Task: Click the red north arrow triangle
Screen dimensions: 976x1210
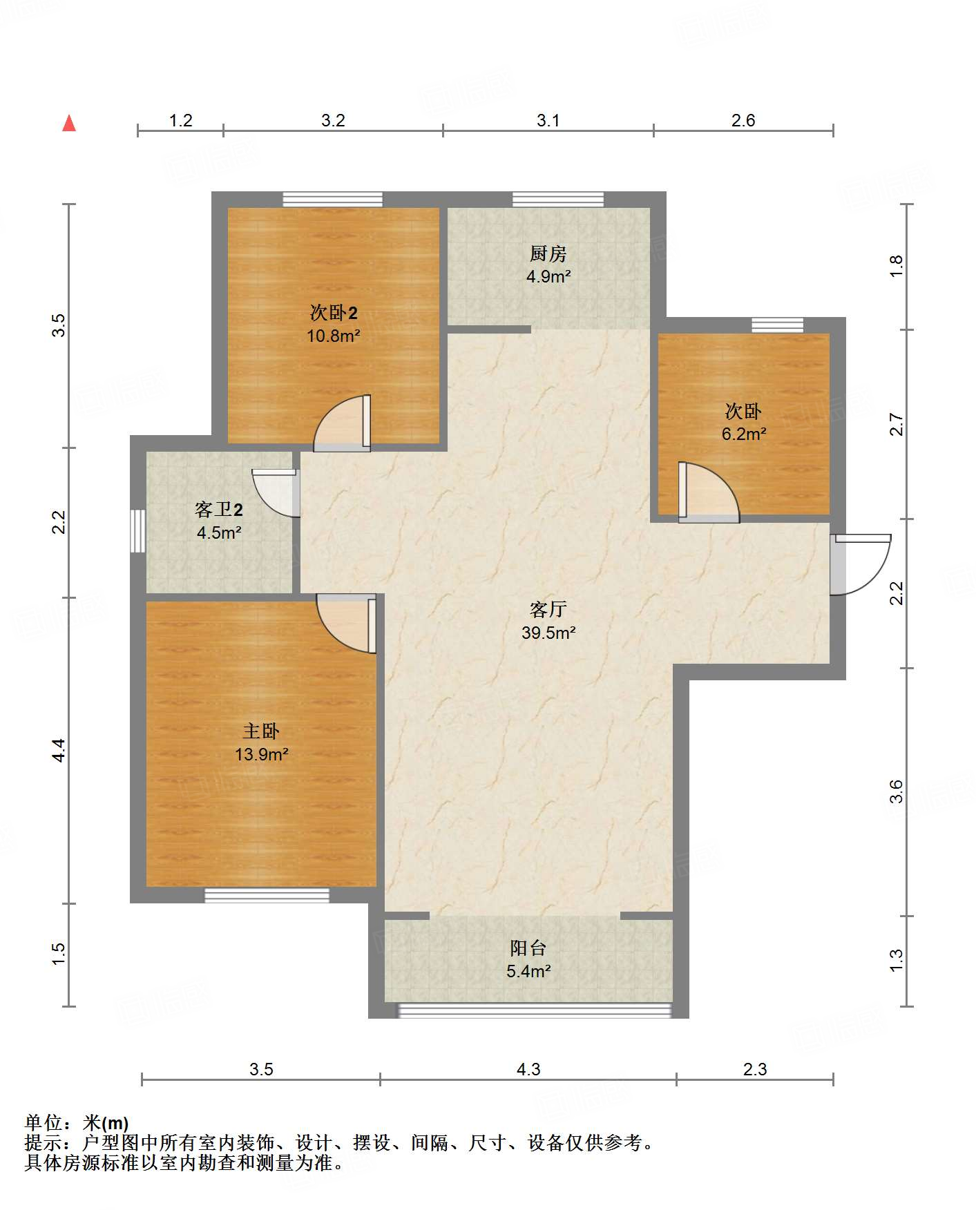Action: pos(69,123)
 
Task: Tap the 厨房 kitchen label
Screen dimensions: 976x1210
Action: pos(548,254)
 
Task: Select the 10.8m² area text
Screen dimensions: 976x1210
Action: pos(334,336)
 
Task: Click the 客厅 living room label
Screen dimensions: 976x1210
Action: pos(548,609)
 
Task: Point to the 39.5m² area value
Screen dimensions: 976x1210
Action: pos(548,633)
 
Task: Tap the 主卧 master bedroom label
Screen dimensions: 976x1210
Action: pos(261,731)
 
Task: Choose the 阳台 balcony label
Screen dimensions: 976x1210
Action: pos(528,948)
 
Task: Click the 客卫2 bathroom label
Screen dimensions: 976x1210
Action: pos(219,510)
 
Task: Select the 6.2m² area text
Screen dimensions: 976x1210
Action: pos(744,434)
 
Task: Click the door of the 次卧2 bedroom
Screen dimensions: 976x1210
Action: pos(343,423)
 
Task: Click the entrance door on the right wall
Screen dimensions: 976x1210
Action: pos(861,564)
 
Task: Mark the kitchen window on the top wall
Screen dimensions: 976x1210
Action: pos(558,200)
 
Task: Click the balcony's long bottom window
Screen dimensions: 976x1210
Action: pos(533,1010)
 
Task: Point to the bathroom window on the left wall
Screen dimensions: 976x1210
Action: pos(138,531)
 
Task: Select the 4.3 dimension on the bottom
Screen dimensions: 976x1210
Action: pos(528,1069)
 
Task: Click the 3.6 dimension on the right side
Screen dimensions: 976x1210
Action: pos(896,791)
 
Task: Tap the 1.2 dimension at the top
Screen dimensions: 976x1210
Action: pos(181,120)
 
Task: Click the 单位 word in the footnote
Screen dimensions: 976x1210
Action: pos(44,1123)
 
